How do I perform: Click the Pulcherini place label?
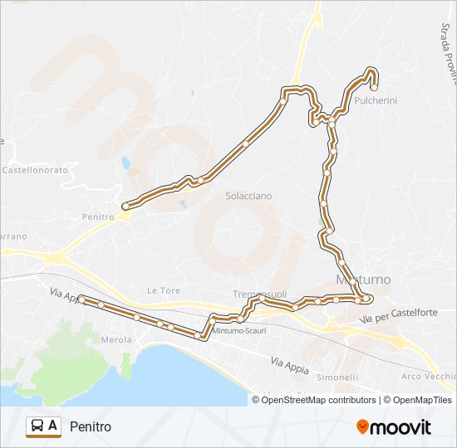[376, 100]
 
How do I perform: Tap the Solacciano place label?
[248, 196]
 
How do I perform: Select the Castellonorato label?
[34, 169]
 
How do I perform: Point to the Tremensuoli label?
[259, 295]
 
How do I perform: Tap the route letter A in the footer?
[53, 426]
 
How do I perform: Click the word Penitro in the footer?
[91, 426]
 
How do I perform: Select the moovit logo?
[394, 427]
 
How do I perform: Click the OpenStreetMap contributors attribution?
[318, 400]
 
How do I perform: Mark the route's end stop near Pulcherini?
[374, 86]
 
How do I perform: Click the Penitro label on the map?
[97, 217]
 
